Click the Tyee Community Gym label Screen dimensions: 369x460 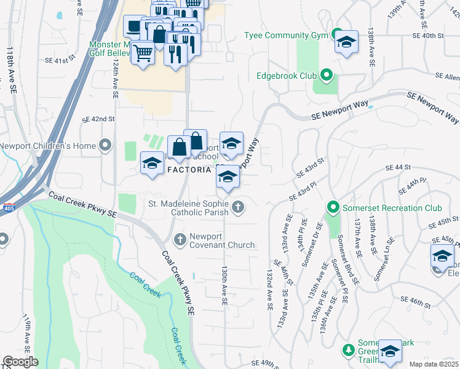[x=287, y=35]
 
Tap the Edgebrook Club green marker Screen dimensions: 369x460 [x=327, y=76]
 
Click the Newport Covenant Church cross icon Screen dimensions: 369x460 [x=180, y=239]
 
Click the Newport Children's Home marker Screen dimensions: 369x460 [x=105, y=146]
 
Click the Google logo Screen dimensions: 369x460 [x=20, y=362]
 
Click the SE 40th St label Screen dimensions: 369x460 [x=428, y=36]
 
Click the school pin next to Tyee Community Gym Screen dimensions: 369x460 [x=347, y=42]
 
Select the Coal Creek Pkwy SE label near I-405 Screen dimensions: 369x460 [x=83, y=206]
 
